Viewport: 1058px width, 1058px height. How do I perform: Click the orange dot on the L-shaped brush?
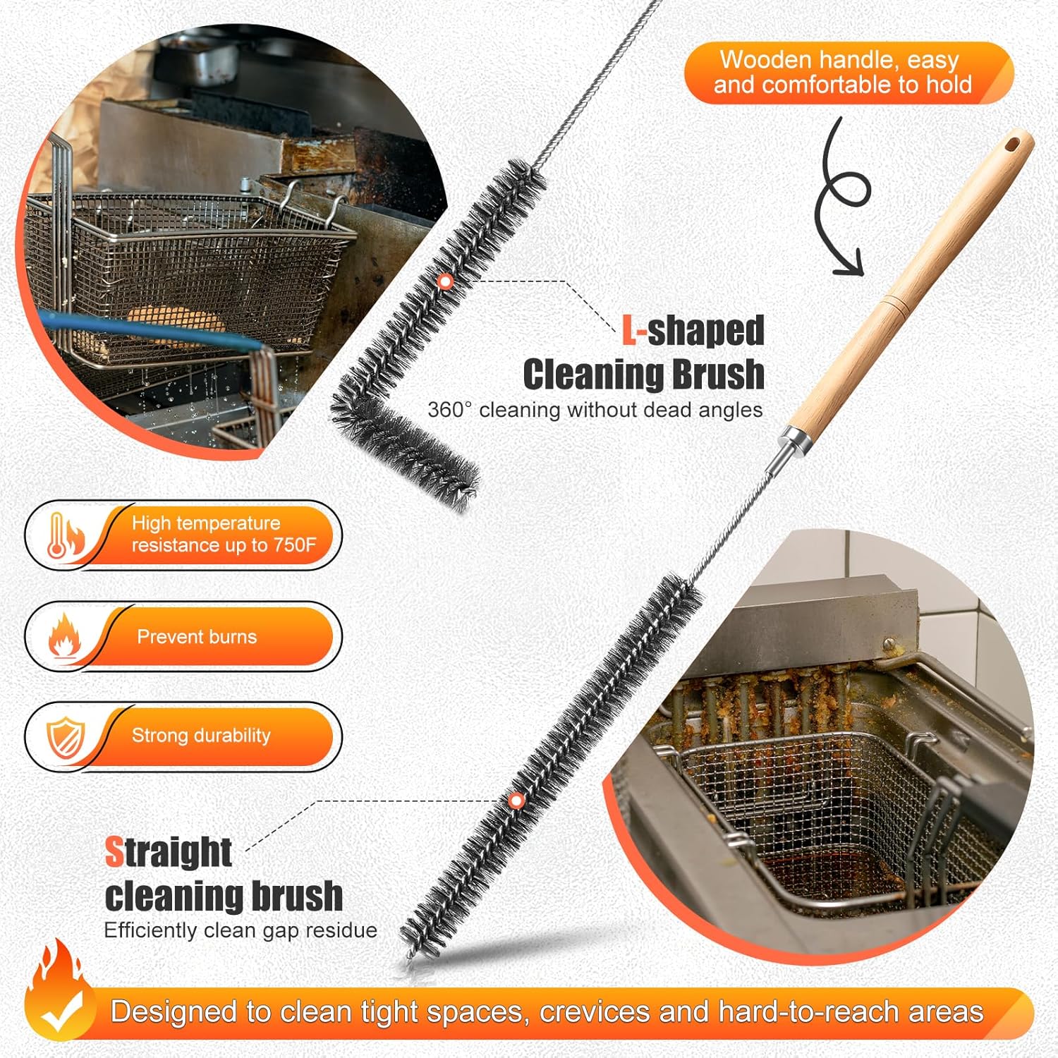[444, 281]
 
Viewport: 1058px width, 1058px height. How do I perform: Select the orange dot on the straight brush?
[516, 801]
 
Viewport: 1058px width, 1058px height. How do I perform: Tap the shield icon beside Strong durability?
[66, 737]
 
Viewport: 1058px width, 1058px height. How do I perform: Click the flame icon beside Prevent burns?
[63, 636]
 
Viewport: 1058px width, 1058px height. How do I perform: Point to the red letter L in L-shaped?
[628, 330]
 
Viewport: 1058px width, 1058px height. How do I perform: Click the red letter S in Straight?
[114, 851]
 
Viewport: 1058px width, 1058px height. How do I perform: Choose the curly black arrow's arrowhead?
[851, 265]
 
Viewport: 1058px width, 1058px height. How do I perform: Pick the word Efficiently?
[150, 930]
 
